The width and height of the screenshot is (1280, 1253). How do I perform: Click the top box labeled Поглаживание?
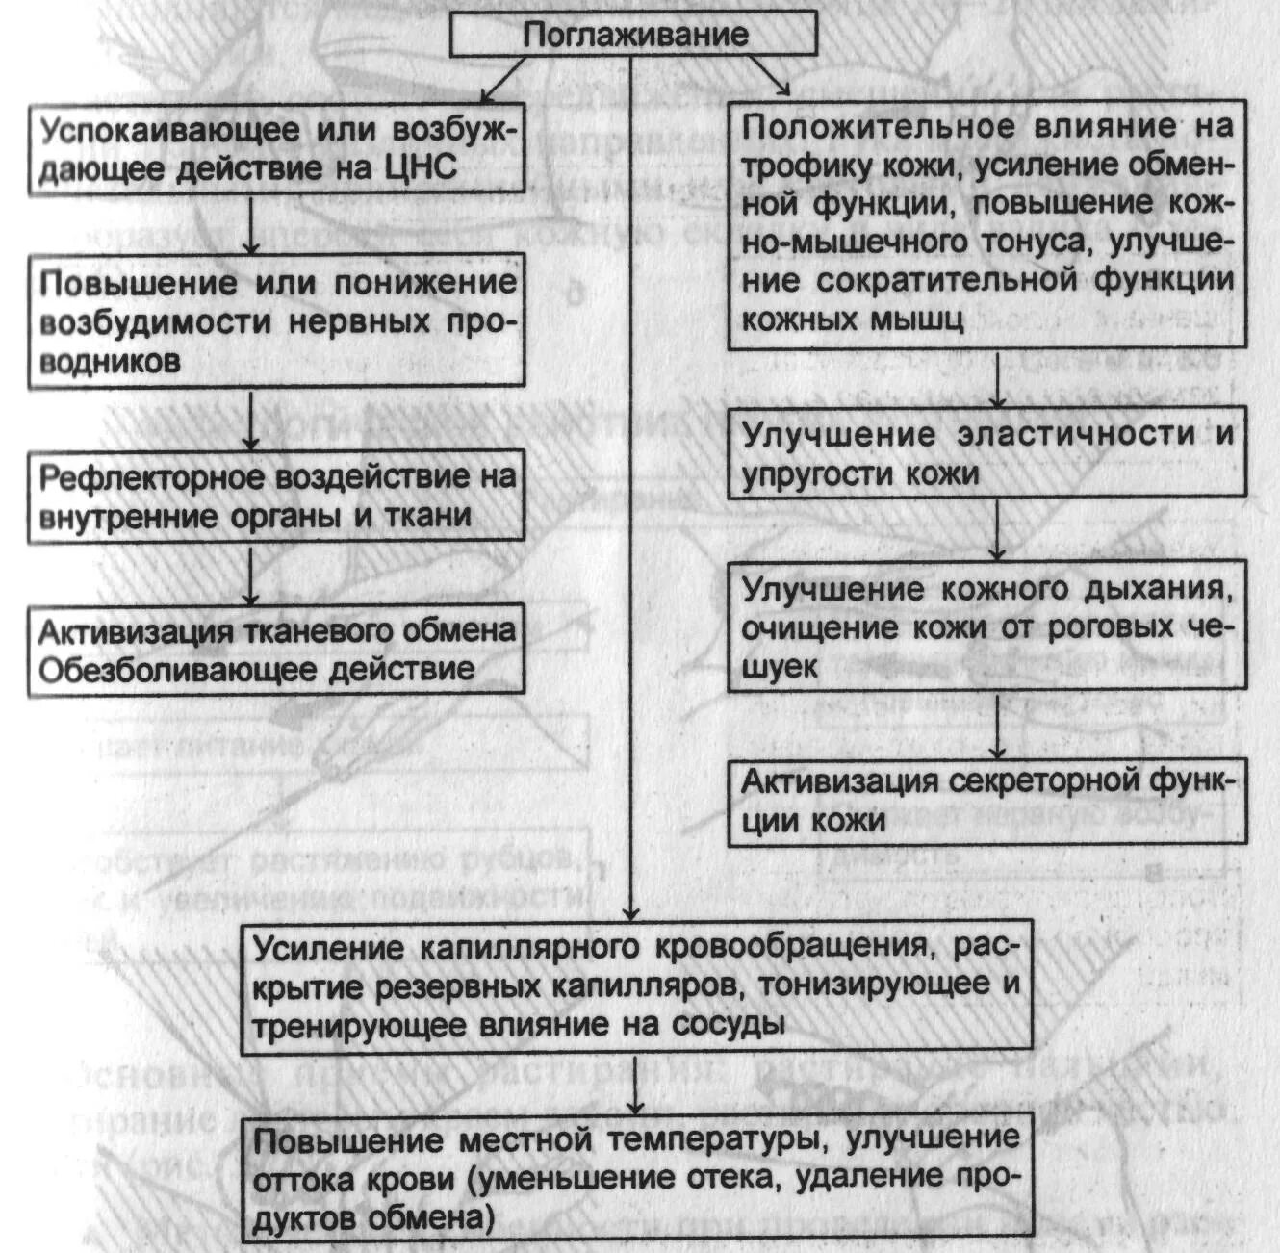pyautogui.click(x=634, y=35)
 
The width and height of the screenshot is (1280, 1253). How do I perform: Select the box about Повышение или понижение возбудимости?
pyautogui.click(x=277, y=321)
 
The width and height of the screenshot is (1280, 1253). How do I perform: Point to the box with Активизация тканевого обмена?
pyautogui.click(x=277, y=650)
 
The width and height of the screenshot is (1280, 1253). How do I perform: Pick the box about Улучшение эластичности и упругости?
pyautogui.click(x=986, y=454)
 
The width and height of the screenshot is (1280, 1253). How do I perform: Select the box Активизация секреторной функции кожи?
pyautogui.click(x=986, y=802)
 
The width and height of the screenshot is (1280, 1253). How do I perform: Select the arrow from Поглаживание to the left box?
pyautogui.click(x=503, y=79)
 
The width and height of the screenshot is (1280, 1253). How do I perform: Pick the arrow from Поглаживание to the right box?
pyautogui.click(x=769, y=76)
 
